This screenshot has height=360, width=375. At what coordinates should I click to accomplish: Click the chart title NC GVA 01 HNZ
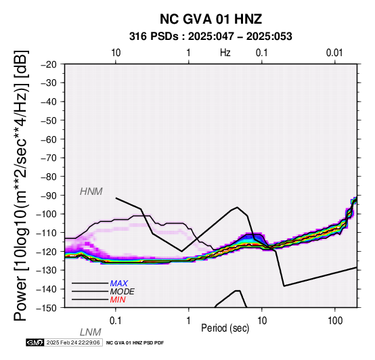coord(211,19)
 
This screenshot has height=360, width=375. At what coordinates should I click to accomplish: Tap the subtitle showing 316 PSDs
coord(211,37)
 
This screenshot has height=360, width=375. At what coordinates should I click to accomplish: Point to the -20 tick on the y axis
coord(49,64)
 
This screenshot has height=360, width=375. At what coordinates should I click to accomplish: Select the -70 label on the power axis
coord(49,158)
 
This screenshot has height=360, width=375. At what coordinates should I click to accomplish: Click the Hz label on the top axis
coord(225,53)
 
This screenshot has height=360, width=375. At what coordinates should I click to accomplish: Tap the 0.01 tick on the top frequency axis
coord(334,53)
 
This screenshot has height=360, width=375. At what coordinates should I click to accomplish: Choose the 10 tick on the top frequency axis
coord(116,53)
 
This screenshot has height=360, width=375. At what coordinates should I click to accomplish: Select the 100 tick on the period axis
coord(335,321)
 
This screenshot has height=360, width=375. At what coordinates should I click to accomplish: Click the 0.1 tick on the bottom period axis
coord(116,321)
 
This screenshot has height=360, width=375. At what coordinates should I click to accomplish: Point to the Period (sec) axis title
coord(225,328)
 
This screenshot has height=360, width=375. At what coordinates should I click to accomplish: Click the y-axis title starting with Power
coord(20,185)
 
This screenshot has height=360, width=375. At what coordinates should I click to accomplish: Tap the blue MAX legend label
coord(119,284)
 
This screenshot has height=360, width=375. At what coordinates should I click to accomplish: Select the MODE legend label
coord(123,292)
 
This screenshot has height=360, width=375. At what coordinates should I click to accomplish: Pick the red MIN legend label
coord(118,300)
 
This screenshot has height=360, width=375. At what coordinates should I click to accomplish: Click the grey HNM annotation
coord(91,192)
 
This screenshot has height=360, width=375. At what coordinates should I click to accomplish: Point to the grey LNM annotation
coord(91,332)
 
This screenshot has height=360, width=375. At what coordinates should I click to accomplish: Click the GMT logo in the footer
coord(35,342)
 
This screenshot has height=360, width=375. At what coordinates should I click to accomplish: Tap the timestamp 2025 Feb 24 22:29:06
coord(73,342)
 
